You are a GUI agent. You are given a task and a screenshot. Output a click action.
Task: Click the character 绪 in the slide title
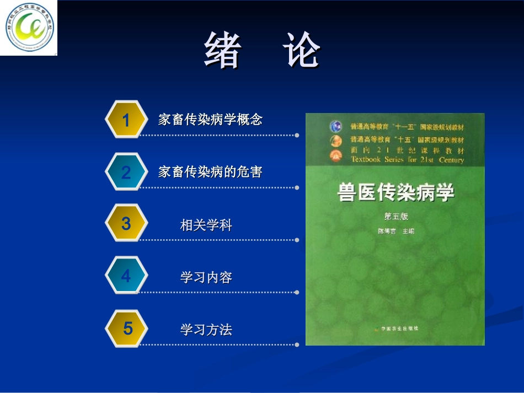point(223,50)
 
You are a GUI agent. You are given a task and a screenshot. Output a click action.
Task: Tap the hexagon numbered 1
point(126,120)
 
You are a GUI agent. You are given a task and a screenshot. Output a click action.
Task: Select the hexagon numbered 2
point(126,173)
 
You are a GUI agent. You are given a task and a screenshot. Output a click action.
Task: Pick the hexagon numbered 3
point(126,223)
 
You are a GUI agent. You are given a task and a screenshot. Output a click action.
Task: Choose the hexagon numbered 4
point(126,275)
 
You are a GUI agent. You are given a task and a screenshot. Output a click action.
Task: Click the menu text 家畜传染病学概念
point(210,120)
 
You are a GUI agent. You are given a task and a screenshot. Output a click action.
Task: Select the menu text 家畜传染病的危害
point(210,172)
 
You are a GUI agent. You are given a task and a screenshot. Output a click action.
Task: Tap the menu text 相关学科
point(206,225)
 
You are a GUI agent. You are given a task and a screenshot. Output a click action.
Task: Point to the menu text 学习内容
point(206,277)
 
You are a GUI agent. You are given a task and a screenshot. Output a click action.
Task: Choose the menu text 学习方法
point(206,330)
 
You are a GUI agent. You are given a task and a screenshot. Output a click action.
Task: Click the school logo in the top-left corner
point(29,28)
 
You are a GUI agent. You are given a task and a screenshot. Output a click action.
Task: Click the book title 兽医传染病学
point(395,193)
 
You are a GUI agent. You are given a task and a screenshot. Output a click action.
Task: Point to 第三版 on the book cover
point(395,217)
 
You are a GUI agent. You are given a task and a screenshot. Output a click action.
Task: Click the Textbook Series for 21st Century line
point(407,160)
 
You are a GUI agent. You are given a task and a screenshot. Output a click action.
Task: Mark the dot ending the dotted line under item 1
point(297,135)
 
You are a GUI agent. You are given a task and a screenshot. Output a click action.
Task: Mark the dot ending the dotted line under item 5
point(297,345)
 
